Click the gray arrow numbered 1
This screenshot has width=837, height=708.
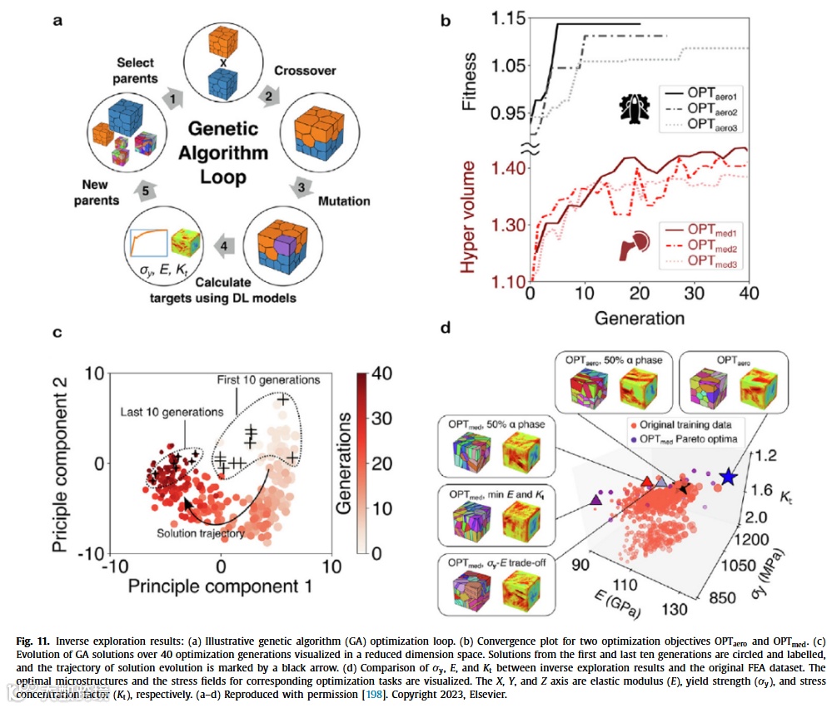pyautogui.click(x=172, y=98)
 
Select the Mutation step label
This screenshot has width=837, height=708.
pyautogui.click(x=344, y=201)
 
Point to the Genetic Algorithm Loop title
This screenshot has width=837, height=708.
pyautogui.click(x=217, y=153)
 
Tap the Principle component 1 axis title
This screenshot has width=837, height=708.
pyautogui.click(x=220, y=587)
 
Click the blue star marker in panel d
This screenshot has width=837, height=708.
pyautogui.click(x=728, y=477)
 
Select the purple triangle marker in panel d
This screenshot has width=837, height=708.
pyautogui.click(x=596, y=500)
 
